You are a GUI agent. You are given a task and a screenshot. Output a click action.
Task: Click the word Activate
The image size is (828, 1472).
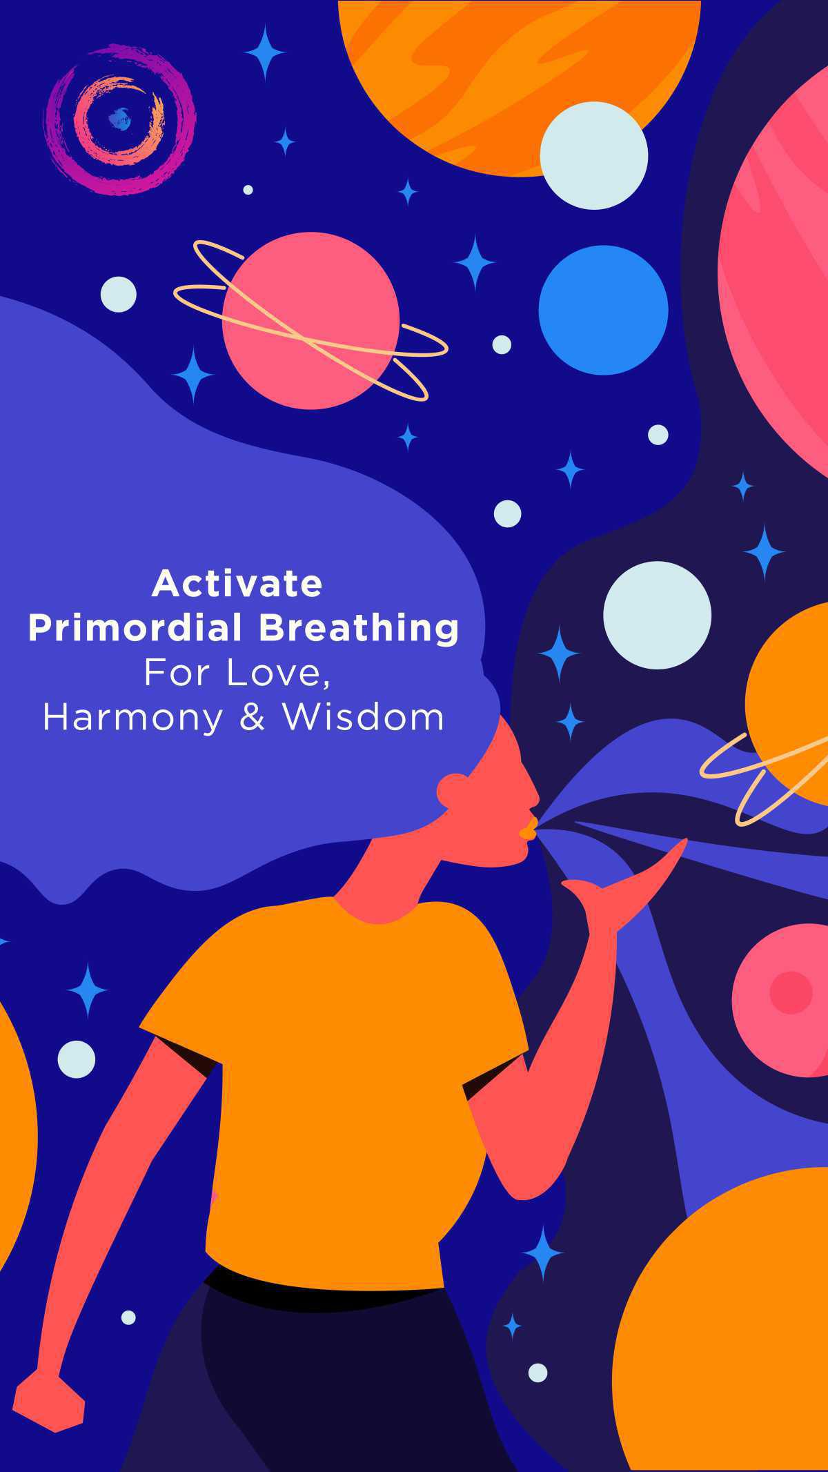point(237,584)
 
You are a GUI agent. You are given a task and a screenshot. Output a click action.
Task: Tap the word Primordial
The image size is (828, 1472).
point(135,628)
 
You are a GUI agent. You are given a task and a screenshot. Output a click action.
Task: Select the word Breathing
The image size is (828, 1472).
point(359,629)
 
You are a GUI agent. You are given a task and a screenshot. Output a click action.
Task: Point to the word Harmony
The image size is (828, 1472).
point(133,718)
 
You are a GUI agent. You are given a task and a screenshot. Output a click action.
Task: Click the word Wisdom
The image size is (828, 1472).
point(363,717)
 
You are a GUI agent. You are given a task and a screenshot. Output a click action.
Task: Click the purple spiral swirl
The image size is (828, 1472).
point(120,119)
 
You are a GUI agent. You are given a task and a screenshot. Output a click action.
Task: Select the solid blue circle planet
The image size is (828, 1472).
point(603,310)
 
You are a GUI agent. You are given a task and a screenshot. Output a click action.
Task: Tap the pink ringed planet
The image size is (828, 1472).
point(310,321)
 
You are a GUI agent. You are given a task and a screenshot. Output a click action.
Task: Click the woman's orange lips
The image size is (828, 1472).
point(528,827)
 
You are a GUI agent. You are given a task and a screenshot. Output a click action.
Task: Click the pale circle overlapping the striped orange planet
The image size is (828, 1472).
point(593,155)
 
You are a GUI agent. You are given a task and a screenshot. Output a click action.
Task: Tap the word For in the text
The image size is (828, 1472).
point(177,674)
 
